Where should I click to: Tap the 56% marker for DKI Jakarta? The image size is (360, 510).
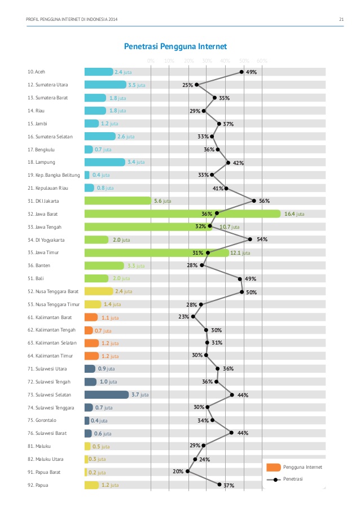(254, 200)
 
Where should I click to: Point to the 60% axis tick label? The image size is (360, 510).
(262, 61)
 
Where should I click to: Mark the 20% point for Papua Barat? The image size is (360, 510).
(188, 471)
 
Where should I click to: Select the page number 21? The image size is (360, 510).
(341, 21)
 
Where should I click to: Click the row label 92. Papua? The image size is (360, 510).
(37, 485)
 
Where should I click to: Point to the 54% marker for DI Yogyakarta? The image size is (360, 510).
(250, 239)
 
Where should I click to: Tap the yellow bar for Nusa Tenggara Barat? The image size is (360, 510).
(99, 291)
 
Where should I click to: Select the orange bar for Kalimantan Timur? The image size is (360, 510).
(91, 356)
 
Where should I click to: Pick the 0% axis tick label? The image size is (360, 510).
(151, 61)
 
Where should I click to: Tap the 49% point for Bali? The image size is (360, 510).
(240, 278)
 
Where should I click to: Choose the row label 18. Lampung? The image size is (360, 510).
(40, 162)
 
